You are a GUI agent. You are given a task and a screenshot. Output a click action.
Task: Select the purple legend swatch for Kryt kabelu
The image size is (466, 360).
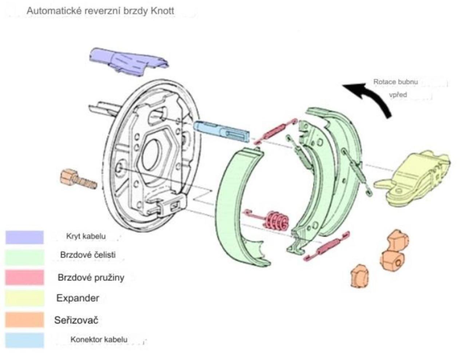click(x=24, y=237)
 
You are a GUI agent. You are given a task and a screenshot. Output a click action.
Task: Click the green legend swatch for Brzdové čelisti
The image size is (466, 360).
click(x=24, y=257)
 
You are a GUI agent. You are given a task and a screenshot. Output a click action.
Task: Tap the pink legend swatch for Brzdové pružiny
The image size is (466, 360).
click(x=24, y=277)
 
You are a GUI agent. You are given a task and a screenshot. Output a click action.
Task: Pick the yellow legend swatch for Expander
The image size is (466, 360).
click(x=24, y=298)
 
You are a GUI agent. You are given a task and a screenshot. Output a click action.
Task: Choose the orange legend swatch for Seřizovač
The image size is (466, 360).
click(x=24, y=320)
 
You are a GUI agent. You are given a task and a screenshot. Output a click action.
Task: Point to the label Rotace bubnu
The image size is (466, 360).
click(x=395, y=82)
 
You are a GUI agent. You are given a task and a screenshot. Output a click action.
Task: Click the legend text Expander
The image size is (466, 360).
click(x=78, y=298)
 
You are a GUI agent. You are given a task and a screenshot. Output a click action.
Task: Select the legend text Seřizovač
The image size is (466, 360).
click(x=76, y=320)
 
